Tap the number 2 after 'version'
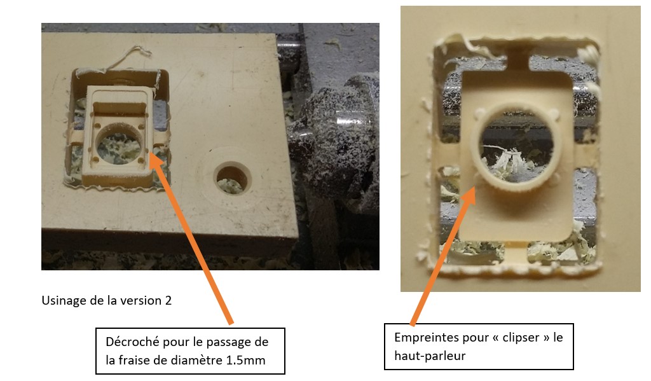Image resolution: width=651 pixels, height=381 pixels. click(168, 300)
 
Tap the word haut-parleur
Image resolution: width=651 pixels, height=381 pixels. click(430, 356)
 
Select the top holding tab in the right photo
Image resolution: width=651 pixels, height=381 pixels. click(517, 61)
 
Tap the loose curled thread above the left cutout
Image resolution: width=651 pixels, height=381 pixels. click(128, 58)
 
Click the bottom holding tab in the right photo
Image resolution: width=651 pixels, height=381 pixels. click(516, 251)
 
